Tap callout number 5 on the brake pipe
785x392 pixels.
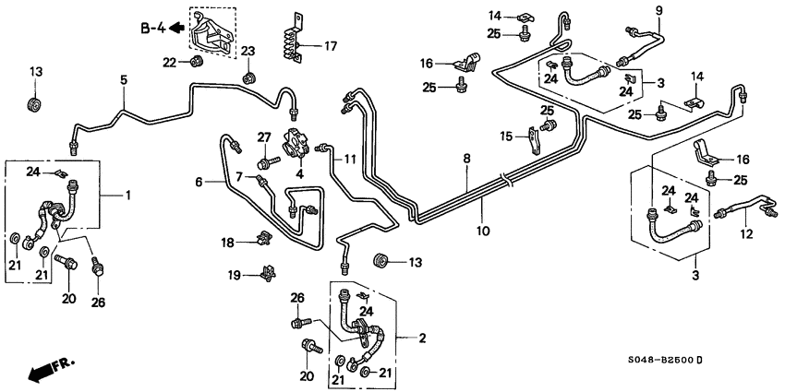click(124, 80)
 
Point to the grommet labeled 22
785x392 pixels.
click(195, 63)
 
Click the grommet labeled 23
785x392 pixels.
click(248, 76)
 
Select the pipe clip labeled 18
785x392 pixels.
click(262, 242)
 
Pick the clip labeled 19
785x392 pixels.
click(268, 272)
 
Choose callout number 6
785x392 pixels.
click(197, 183)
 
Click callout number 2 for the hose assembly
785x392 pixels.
click(421, 339)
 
